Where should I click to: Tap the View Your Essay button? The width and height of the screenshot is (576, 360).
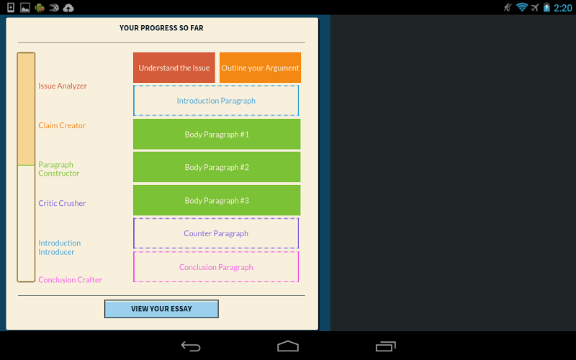tap(161, 309)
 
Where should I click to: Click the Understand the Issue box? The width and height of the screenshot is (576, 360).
tap(174, 68)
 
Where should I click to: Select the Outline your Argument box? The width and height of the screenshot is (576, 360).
tap(260, 68)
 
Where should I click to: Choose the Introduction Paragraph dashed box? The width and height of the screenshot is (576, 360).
tap(216, 101)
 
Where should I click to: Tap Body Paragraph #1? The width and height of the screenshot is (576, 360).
tap(217, 134)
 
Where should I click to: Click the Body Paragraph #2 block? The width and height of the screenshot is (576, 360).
tap(217, 167)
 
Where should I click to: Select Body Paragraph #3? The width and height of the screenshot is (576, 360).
tap(217, 200)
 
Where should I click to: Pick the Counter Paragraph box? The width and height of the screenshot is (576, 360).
tap(216, 233)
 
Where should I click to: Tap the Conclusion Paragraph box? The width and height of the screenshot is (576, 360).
tap(216, 266)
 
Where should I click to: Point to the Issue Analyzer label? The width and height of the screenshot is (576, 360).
tap(63, 86)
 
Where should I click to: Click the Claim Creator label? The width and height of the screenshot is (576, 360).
tap(62, 125)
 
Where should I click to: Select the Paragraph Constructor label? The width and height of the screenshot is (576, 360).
tap(59, 169)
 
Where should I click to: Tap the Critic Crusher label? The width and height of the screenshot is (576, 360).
tap(62, 203)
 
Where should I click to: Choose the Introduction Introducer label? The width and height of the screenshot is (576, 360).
tap(60, 247)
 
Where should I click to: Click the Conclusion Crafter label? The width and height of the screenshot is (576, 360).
tap(70, 280)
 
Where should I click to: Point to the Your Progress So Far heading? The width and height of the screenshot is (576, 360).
tap(161, 28)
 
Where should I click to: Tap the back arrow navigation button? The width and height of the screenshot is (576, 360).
tap(191, 346)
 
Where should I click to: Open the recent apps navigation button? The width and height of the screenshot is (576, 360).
tap(386, 346)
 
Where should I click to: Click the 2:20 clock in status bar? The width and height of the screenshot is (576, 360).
tap(563, 8)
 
